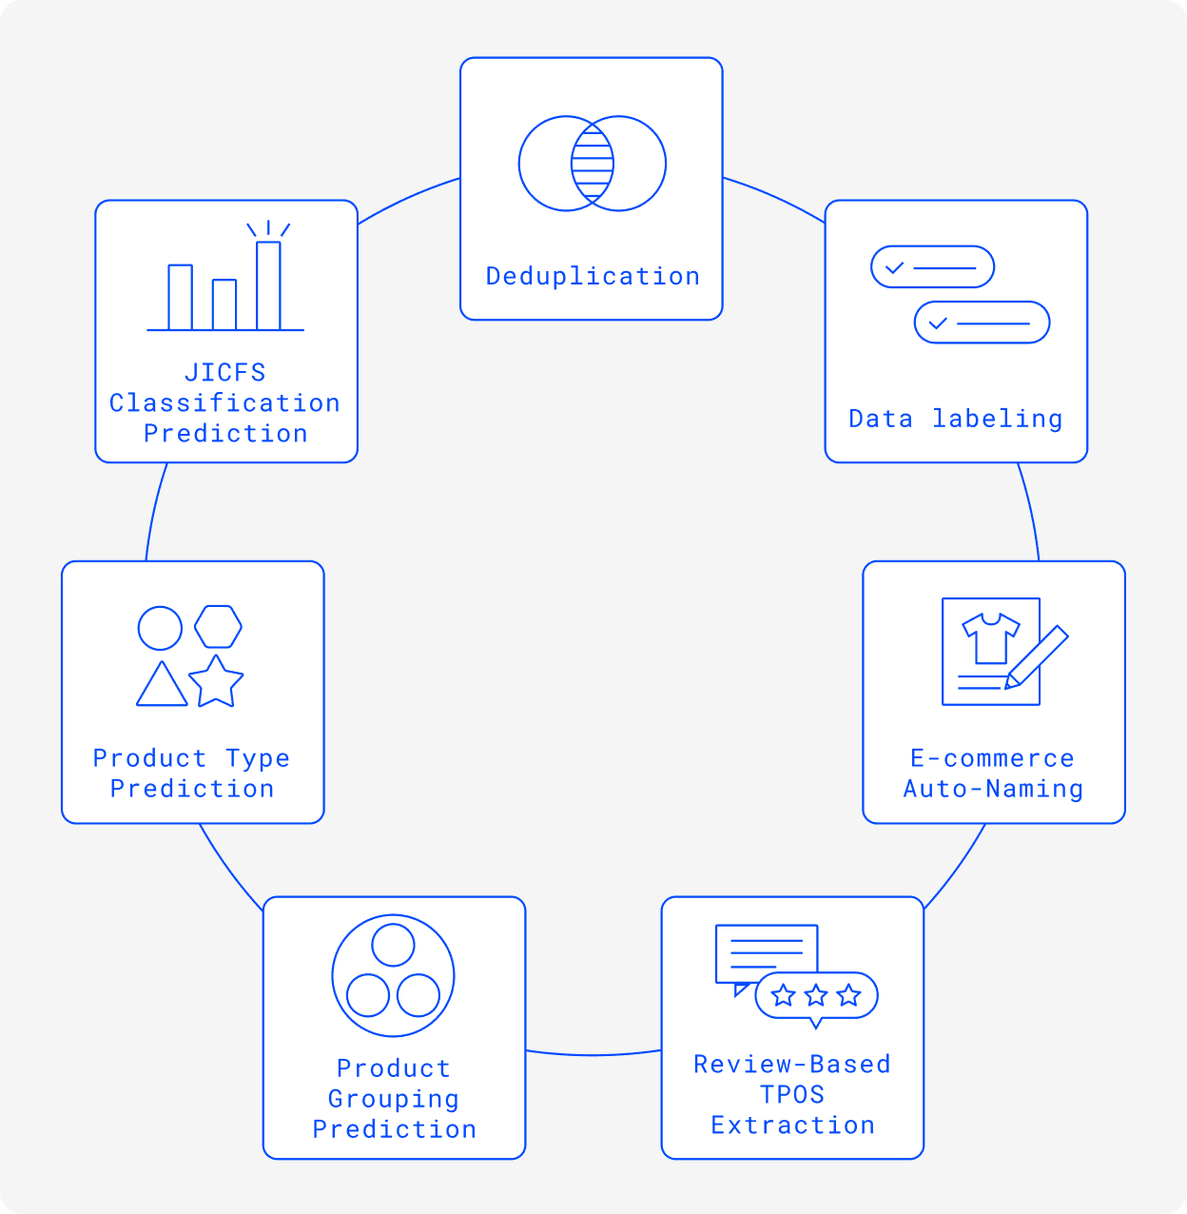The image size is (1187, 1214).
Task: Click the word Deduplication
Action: point(593,277)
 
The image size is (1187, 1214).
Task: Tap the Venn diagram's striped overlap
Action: point(593,164)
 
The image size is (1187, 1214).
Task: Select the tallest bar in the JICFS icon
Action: point(269,285)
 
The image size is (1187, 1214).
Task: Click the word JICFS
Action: point(225,372)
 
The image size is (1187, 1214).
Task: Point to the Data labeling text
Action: point(956,419)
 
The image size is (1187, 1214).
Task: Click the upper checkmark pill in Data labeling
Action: point(932,267)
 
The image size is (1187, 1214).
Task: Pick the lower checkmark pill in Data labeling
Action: point(982,323)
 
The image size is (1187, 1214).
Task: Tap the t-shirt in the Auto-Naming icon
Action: point(991,637)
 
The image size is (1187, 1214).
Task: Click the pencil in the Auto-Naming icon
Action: point(1037,656)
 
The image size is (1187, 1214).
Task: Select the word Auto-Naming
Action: point(993,789)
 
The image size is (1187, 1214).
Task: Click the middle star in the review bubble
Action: point(816,996)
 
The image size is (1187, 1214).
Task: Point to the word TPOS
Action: point(792,1094)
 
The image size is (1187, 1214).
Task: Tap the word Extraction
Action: point(792,1126)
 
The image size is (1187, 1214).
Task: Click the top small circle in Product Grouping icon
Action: point(393,945)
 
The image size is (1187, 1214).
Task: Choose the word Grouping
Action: point(394,1099)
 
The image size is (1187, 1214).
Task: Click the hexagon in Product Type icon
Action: point(218,627)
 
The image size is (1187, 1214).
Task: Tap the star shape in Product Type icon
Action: point(216,682)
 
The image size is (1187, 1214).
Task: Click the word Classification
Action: point(225,402)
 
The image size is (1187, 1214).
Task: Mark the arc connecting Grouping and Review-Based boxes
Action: point(593,1054)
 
